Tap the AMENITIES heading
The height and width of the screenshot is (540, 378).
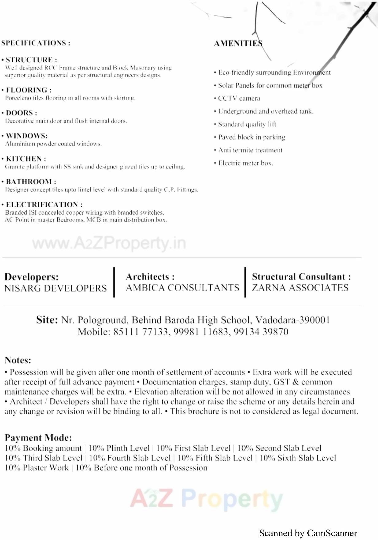238,44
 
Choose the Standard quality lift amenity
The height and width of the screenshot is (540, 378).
247,124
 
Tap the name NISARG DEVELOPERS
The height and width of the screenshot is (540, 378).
56,288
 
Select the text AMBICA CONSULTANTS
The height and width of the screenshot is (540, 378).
182,288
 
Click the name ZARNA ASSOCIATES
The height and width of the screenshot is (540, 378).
300,288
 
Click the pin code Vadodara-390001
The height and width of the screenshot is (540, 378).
293,320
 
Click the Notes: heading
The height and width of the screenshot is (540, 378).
18,360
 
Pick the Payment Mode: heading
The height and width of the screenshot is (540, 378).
38,438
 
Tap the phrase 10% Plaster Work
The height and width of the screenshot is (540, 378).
37,468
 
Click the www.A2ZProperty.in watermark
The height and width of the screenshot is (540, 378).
109,243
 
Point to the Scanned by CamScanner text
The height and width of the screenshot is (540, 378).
308,533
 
